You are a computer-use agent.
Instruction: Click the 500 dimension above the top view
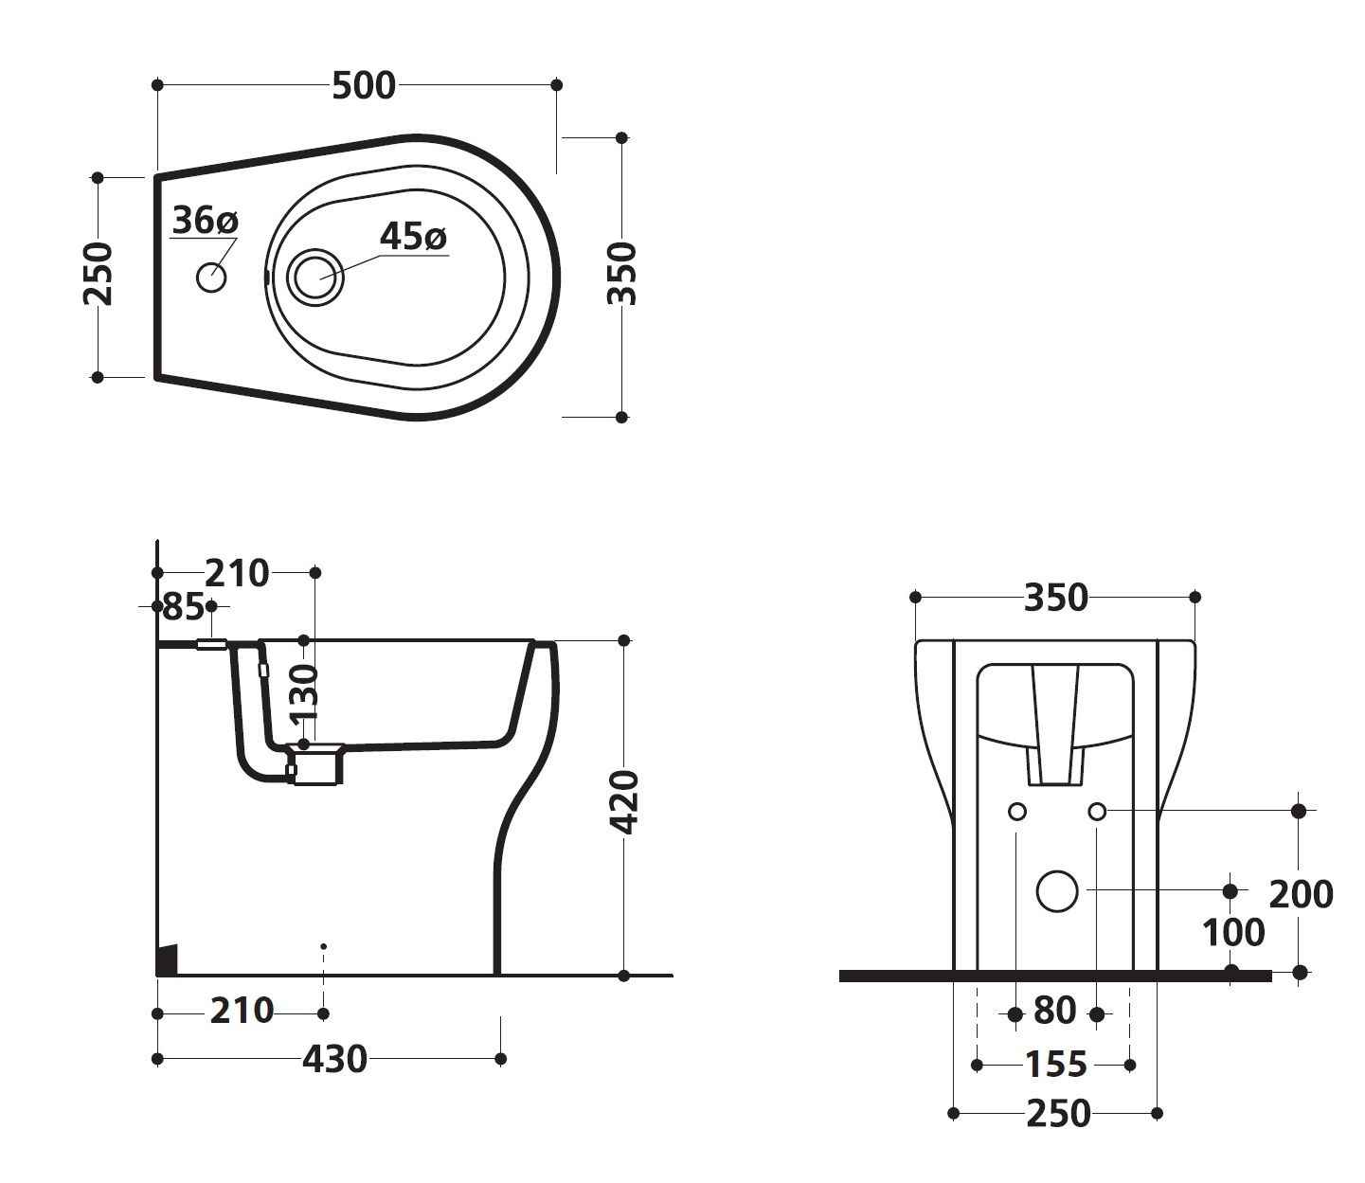[364, 86]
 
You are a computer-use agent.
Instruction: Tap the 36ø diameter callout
[205, 221]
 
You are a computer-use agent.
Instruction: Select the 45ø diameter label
[412, 236]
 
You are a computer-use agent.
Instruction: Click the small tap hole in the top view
[211, 278]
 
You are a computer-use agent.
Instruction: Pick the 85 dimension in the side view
[183, 606]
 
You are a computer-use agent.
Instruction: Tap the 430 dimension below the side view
[334, 1059]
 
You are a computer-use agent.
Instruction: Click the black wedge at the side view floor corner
[168, 959]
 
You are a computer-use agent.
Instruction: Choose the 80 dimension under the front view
[1054, 1012]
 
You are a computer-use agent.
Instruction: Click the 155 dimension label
[1055, 1066]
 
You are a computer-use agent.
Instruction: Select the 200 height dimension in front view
[1300, 893]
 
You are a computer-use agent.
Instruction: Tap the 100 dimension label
[1233, 933]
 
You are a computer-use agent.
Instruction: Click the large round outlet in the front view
[1057, 890]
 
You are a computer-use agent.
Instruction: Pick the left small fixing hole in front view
[1017, 812]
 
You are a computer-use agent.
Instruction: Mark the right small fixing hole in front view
[1097, 812]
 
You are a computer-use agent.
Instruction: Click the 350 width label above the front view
[1055, 599]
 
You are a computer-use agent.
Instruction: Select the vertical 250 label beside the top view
[99, 275]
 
